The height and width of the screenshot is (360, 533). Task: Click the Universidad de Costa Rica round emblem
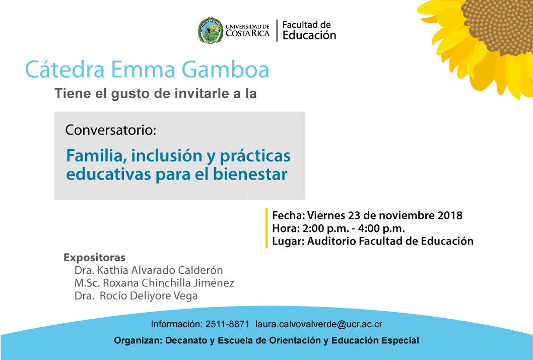(211, 31)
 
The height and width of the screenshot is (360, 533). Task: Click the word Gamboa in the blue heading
(225, 70)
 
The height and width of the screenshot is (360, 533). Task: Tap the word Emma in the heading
(143, 70)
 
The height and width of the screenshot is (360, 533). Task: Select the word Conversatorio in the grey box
(110, 130)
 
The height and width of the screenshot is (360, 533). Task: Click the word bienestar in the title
(250, 174)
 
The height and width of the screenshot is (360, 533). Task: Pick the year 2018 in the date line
(450, 215)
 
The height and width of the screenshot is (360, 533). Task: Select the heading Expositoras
(95, 258)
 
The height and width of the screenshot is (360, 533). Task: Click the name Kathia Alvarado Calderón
(160, 270)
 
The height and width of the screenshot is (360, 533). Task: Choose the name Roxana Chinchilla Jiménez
(169, 283)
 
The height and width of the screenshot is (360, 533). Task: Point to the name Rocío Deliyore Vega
(149, 296)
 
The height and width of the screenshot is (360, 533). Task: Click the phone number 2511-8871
(227, 324)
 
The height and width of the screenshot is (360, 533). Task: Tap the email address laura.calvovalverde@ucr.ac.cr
(319, 324)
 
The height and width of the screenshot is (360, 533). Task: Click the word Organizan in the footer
(138, 341)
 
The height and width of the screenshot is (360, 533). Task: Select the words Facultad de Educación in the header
(309, 30)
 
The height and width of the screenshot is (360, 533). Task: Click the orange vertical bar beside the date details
(266, 228)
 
